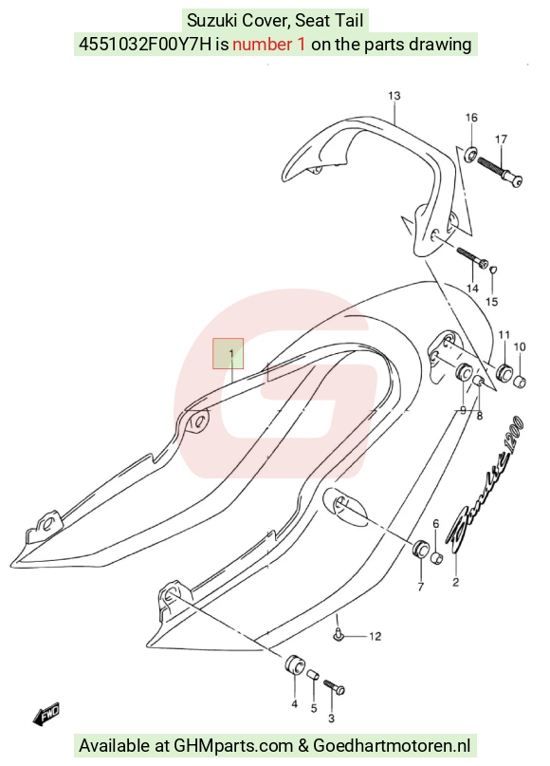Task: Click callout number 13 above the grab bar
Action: (x=394, y=96)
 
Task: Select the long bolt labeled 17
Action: (x=500, y=171)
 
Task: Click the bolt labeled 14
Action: (x=472, y=257)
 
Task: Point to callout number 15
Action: (x=492, y=302)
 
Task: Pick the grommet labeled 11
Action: (x=504, y=372)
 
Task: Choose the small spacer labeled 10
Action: (x=521, y=381)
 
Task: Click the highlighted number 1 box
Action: (x=228, y=354)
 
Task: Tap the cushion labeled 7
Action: (x=420, y=551)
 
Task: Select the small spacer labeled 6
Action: (x=437, y=557)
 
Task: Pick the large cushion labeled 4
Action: (x=294, y=663)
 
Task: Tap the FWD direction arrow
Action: (x=46, y=714)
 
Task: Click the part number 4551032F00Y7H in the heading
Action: (x=145, y=45)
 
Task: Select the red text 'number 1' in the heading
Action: (x=269, y=45)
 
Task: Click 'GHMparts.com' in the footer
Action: (x=234, y=746)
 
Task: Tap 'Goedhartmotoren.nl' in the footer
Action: (x=392, y=746)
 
